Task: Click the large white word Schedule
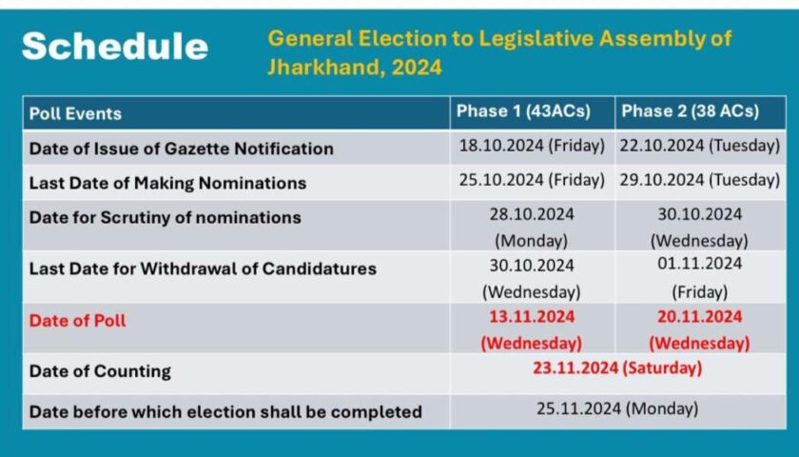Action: point(115,47)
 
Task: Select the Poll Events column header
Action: point(75,113)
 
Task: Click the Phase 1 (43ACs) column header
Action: point(523,111)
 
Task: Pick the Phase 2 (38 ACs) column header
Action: point(691,111)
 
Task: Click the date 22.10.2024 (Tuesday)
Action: point(700,146)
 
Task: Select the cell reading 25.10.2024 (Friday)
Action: point(532,180)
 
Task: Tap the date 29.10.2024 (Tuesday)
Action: point(700,180)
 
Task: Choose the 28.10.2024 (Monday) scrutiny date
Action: point(532,227)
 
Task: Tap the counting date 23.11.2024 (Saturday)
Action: point(617,368)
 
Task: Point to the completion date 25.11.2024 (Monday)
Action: point(617,408)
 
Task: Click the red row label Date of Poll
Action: point(77,321)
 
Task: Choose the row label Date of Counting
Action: point(100,371)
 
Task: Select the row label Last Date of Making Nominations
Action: point(167,183)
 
